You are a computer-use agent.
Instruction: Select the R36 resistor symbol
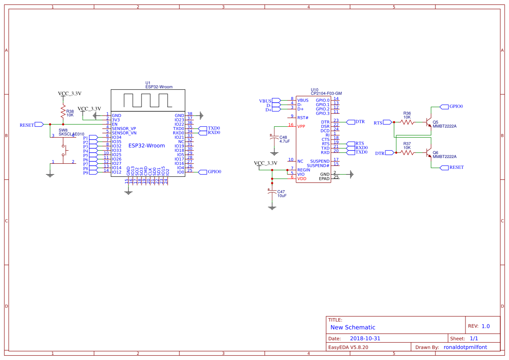pos(407,122)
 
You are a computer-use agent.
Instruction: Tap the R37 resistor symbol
pos(407,152)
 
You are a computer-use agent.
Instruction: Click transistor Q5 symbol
pos(428,123)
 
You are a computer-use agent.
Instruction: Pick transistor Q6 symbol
pos(428,153)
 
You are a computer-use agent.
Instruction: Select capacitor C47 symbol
pos(272,192)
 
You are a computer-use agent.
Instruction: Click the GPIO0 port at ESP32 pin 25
pos(202,172)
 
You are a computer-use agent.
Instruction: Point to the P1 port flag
pos(93,138)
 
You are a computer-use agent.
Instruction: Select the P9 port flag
pos(93,172)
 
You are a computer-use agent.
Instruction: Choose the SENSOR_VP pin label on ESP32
pos(124,129)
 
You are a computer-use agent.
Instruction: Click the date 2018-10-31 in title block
pos(365,338)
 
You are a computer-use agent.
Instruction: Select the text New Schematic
pos(353,327)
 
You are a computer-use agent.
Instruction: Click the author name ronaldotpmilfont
pos(465,347)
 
